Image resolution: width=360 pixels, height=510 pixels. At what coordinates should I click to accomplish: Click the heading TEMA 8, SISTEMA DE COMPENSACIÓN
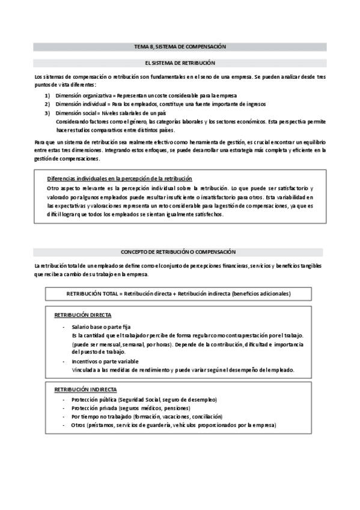coord(180,46)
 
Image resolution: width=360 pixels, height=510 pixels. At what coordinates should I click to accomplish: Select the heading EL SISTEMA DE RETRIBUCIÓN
coord(180,63)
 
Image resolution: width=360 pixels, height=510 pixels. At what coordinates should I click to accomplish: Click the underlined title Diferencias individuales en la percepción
coord(120,179)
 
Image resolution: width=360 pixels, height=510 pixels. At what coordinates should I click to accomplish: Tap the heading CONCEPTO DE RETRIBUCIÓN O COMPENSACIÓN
coord(180,251)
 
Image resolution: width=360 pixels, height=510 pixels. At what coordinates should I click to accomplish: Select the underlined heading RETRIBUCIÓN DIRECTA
coord(82,316)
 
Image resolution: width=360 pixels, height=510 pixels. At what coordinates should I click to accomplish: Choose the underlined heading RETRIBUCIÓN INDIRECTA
coord(85,390)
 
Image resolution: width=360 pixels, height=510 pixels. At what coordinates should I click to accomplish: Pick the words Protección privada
coord(93,408)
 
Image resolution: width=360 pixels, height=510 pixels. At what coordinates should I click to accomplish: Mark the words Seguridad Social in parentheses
coord(139,400)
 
